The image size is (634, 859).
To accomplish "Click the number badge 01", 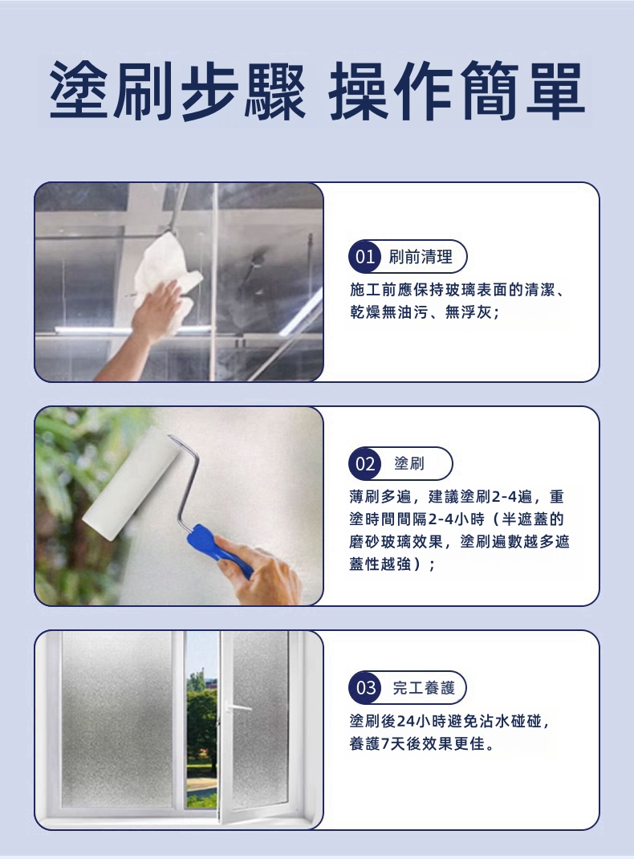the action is tap(364, 256).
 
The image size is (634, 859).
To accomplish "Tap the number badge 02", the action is tap(364, 463).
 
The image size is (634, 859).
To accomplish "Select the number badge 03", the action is tap(365, 687).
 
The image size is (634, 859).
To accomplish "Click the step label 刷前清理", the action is tap(421, 256).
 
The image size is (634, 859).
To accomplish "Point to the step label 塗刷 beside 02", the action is tap(409, 463).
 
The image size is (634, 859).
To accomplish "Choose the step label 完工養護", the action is tap(424, 687).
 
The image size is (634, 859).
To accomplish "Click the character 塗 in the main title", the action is tap(80, 91).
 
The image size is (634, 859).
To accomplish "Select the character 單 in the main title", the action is tap(554, 91).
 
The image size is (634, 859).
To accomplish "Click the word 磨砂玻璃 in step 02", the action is tap(380, 541).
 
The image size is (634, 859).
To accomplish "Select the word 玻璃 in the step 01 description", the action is tap(453, 290).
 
